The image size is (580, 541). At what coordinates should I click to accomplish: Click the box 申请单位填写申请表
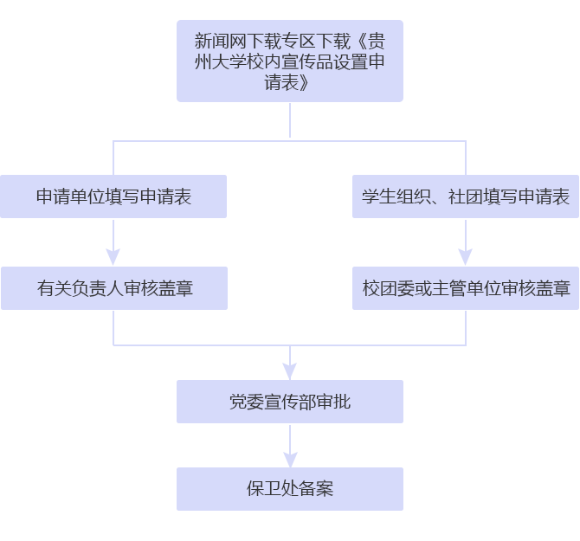(x=113, y=196)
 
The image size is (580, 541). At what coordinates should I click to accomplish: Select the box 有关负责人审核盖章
(x=114, y=288)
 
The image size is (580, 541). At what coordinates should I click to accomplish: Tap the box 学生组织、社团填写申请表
(x=466, y=196)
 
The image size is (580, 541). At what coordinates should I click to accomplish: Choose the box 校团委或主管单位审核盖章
(x=466, y=288)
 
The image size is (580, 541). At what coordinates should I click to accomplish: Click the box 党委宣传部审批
(x=290, y=402)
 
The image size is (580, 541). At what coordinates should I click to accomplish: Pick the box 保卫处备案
(x=290, y=489)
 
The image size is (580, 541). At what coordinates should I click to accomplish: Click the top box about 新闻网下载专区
(x=290, y=61)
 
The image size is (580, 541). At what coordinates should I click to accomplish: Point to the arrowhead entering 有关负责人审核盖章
(x=113, y=257)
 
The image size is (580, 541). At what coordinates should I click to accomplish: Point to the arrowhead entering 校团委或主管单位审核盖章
(x=466, y=257)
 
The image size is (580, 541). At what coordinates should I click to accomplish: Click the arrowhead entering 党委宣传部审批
(x=290, y=370)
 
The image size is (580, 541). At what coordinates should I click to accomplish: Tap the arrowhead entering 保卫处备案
(x=290, y=459)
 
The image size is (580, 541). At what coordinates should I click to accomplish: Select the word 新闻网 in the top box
(x=221, y=41)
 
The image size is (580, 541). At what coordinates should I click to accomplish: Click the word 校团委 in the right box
(x=388, y=288)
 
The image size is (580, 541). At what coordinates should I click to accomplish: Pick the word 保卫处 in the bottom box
(x=272, y=489)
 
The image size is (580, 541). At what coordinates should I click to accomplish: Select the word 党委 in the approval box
(x=247, y=402)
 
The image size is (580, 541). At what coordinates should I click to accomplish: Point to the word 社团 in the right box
(x=466, y=196)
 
